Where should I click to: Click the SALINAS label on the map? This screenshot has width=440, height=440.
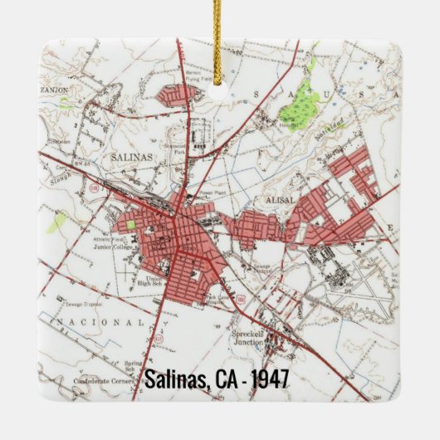tap(128, 156)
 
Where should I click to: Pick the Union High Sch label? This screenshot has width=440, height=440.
tap(154, 281)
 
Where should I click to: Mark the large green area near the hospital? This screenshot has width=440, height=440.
tap(301, 104)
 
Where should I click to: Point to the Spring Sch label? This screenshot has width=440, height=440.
tap(134, 365)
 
